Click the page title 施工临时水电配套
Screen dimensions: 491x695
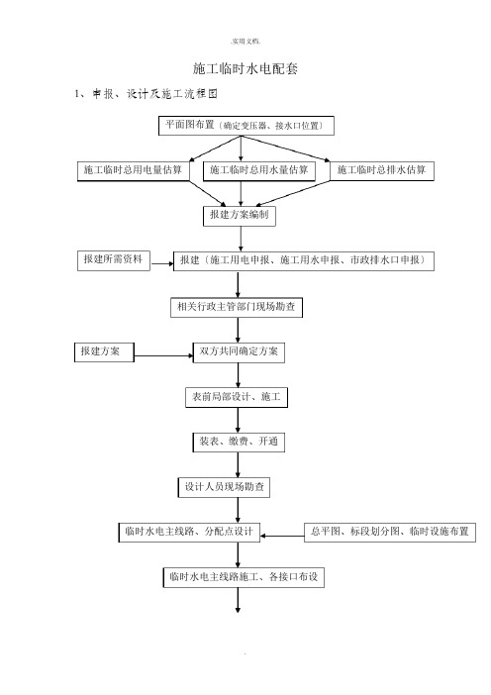pyautogui.click(x=245, y=68)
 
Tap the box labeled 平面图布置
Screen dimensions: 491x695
pyautogui.click(x=245, y=126)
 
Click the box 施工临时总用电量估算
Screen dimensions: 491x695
pyautogui.click(x=134, y=171)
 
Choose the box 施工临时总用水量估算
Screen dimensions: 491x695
pyautogui.click(x=258, y=171)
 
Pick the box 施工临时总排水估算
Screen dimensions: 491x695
pyautogui.click(x=381, y=171)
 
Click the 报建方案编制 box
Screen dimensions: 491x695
pyautogui.click(x=240, y=216)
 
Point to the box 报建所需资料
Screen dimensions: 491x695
pyautogui.click(x=114, y=260)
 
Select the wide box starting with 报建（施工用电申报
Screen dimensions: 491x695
pyautogui.click(x=304, y=261)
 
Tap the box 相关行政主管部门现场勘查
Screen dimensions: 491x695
pyautogui.click(x=237, y=307)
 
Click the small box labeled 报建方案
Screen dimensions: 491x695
pyautogui.click(x=104, y=351)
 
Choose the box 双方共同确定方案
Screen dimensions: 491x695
pyautogui.click(x=239, y=352)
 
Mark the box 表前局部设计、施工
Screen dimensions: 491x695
pyautogui.click(x=237, y=398)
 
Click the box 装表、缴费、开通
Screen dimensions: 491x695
pyautogui.click(x=239, y=443)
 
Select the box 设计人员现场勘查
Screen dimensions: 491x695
pyautogui.click(x=224, y=487)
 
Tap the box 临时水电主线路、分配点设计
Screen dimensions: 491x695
pyautogui.click(x=189, y=533)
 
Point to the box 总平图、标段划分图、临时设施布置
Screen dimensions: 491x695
pyautogui.click(x=390, y=533)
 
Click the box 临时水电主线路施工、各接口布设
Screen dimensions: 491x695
pyautogui.click(x=244, y=577)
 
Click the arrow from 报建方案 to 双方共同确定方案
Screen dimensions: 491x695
pyautogui.click(x=163, y=356)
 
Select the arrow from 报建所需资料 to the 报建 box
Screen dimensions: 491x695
pyautogui.click(x=162, y=264)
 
